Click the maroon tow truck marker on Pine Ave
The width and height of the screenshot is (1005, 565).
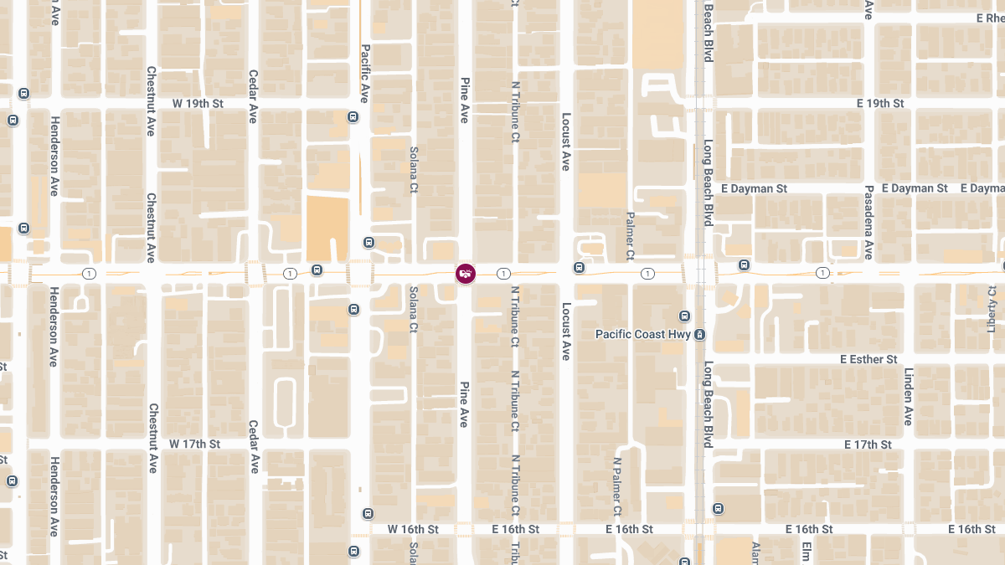pyautogui.click(x=466, y=273)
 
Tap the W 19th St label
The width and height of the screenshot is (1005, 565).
pyautogui.click(x=198, y=104)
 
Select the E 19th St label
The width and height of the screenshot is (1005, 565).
pyautogui.click(x=880, y=104)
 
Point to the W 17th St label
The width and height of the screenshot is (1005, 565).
pyautogui.click(x=194, y=444)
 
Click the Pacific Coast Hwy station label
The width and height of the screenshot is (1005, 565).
pyautogui.click(x=642, y=334)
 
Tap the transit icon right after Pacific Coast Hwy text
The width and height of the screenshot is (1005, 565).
pyautogui.click(x=700, y=335)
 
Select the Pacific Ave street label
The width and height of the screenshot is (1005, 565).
pyautogui.click(x=365, y=73)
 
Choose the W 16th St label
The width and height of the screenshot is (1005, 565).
pyautogui.click(x=413, y=530)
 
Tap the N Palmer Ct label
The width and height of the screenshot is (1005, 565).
pyautogui.click(x=617, y=485)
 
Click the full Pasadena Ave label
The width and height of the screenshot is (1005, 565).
pyautogui.click(x=869, y=222)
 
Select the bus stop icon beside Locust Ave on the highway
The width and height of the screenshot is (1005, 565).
pyautogui.click(x=579, y=267)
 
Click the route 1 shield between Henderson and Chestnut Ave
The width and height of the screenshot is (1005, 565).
pyautogui.click(x=90, y=274)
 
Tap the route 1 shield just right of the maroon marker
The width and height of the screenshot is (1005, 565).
pyautogui.click(x=503, y=274)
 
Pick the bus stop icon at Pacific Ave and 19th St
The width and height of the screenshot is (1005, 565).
pyautogui.click(x=353, y=116)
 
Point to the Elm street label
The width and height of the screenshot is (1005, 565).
pyautogui.click(x=807, y=552)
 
